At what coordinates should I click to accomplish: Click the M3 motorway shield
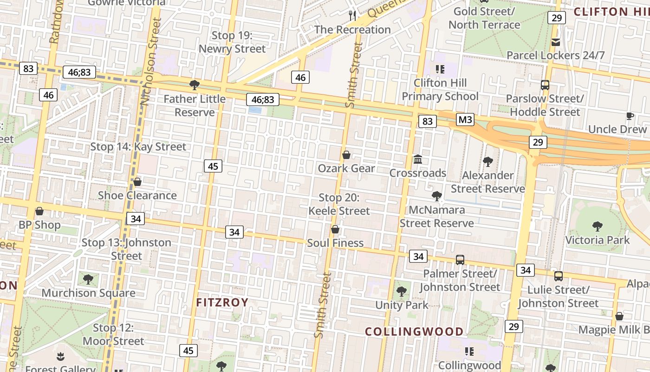coord(465,120)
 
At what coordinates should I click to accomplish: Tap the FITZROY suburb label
coord(222,303)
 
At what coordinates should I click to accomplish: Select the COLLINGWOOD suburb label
coord(414,332)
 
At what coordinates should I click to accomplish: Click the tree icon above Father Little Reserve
coord(195,85)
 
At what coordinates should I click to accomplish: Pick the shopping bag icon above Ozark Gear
coord(346,155)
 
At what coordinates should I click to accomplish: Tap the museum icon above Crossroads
coord(418,159)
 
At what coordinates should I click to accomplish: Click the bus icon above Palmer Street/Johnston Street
coord(460,260)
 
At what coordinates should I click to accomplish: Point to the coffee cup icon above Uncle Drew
coord(630,116)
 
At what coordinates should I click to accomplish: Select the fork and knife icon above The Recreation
coord(352,16)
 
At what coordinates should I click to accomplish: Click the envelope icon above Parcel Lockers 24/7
coord(555,42)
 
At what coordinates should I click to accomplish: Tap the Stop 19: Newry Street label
coord(232,42)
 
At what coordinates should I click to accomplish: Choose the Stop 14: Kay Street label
coord(138,147)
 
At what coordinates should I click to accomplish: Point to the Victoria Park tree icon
coord(597,226)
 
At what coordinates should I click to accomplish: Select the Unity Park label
coord(402,306)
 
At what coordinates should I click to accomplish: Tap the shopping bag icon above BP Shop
coord(39,212)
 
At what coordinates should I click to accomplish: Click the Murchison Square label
coord(88,293)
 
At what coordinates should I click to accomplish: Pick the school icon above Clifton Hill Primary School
coord(440,69)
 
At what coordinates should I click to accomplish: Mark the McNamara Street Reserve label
coord(436,217)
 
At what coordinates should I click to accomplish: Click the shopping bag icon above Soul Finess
coord(335,230)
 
